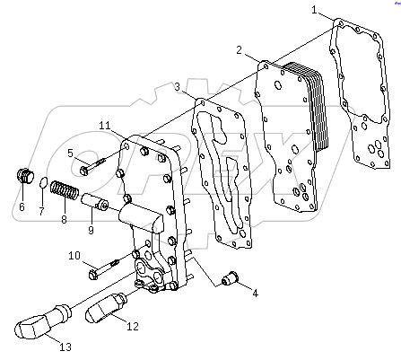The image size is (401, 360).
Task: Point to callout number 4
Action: coord(254,293)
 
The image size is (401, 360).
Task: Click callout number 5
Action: coord(70,153)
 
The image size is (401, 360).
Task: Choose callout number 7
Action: coord(41,212)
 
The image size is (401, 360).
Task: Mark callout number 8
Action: coord(63,218)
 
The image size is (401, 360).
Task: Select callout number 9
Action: coord(90,230)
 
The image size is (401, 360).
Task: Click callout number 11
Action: coord(105,124)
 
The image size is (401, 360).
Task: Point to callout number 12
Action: coord(132,326)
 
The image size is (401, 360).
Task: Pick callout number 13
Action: coord(65,347)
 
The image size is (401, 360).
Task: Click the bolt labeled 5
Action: coord(92,165)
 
